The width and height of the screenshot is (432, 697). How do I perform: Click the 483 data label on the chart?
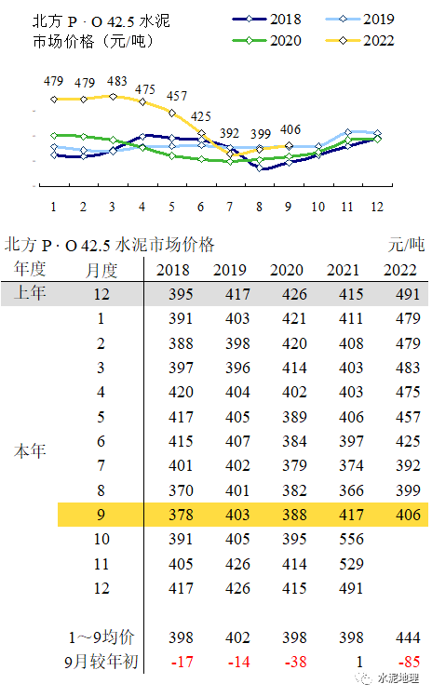(117, 82)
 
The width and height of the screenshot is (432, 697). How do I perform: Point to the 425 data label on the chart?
(200, 116)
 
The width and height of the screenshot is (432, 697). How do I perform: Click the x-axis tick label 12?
(376, 207)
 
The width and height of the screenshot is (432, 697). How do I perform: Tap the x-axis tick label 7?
(230, 207)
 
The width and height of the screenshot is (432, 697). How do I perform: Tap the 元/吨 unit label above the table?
(406, 245)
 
